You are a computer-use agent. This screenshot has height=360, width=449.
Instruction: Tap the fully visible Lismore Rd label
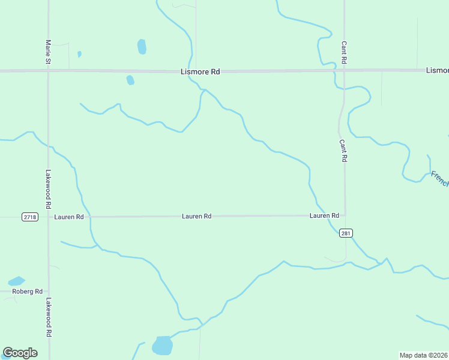pos(200,71)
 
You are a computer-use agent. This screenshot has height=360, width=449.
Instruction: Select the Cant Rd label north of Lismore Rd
pos(344,53)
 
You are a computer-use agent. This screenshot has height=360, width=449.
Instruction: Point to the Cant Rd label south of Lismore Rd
pos(343,151)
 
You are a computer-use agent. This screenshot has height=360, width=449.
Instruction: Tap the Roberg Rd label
pos(28,292)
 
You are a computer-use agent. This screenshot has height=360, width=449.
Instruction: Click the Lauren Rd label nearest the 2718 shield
pos(69,217)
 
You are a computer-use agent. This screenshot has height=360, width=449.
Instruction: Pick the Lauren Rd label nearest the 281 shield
pos(324,215)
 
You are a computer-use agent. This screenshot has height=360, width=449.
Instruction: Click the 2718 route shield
pos(29,217)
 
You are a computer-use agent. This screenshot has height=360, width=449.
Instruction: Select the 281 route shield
pos(345,233)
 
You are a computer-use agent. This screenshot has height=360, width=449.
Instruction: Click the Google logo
pos(20,353)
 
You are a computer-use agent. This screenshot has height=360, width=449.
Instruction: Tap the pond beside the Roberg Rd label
pos(16,281)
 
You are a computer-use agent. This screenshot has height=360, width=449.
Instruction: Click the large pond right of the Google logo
pos(162,346)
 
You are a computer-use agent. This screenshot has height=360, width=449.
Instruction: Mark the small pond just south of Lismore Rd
pos(130,80)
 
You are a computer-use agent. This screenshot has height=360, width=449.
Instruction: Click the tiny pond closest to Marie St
pos(79,54)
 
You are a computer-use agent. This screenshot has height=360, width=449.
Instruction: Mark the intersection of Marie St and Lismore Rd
pos(49,71)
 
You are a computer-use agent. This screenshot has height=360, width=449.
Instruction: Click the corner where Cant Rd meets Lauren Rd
pos(345,215)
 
